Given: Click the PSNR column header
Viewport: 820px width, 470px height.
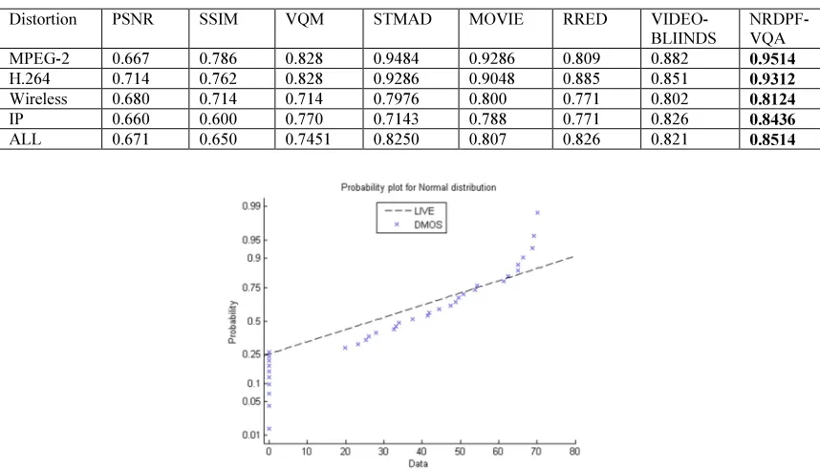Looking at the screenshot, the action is point(133,19).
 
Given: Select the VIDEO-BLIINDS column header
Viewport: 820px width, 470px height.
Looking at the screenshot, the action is point(683,29).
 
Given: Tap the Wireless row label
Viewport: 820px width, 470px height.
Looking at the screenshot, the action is point(38,98).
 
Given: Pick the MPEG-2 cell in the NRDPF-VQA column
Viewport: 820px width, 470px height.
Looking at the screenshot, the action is point(772,58).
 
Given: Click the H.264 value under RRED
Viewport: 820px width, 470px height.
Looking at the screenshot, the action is point(580,78).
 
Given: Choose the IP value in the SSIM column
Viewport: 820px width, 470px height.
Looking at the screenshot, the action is point(218,119).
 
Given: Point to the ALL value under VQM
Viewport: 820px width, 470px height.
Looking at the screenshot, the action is point(308,139).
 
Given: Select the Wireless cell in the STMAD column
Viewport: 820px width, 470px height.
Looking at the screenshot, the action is point(396,98).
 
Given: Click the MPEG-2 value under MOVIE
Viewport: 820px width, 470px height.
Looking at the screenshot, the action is point(491,58).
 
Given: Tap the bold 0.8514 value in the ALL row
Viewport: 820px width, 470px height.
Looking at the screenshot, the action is point(772,139).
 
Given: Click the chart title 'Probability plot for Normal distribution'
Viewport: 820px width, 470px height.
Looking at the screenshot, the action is point(419,187).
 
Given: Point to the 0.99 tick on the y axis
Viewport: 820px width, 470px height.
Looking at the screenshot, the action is point(251,206).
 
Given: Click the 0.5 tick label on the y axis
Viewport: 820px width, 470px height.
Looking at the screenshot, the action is point(253,321).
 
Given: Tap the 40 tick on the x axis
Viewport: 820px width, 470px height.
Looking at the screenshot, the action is point(421,451).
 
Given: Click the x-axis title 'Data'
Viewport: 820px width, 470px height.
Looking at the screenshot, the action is point(418,463).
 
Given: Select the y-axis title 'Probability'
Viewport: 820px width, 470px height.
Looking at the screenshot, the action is point(232,322).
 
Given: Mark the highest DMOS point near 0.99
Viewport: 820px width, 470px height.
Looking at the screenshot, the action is point(537,213).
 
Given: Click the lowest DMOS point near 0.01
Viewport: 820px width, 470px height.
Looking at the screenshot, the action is point(269,429).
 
